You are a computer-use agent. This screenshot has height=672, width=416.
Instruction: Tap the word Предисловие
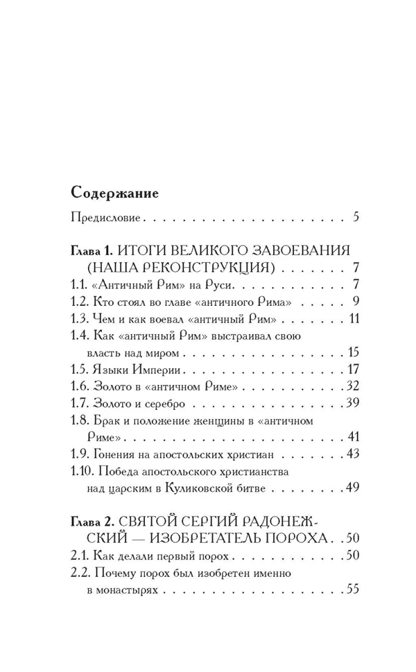click(106, 218)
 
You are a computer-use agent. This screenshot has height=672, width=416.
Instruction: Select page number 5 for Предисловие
click(355, 217)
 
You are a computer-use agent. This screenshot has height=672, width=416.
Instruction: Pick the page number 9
click(354, 302)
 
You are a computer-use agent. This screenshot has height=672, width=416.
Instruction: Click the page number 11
click(352, 319)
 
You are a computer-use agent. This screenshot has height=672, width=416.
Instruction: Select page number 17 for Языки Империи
click(352, 369)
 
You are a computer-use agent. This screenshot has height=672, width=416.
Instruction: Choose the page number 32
click(352, 386)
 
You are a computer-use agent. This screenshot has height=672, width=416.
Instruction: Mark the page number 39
click(352, 403)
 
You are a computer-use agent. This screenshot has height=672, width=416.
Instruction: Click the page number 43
click(352, 454)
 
